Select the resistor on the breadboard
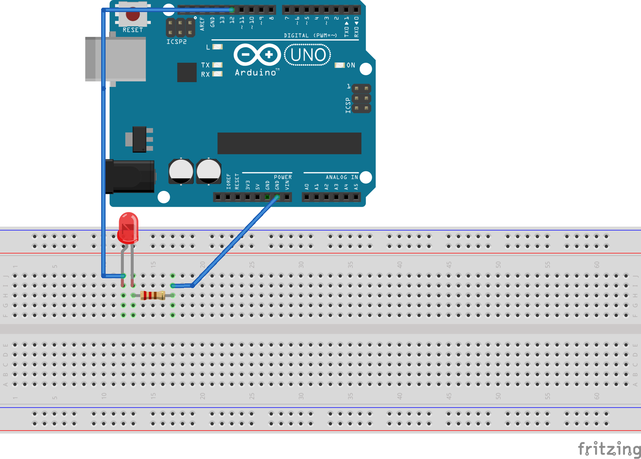[153, 295]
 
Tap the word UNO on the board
[308, 55]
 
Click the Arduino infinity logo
[257, 55]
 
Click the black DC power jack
[130, 176]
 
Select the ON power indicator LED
[340, 65]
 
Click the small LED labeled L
[217, 47]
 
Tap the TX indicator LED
[217, 65]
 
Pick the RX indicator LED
[217, 74]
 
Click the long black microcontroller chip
[289, 143]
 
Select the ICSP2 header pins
[180, 27]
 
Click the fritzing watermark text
[609, 448]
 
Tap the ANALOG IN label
[342, 177]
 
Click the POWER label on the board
[283, 177]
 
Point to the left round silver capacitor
[181, 171]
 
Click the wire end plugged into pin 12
[232, 10]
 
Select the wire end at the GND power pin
[277, 197]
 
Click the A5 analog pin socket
[356, 197]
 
